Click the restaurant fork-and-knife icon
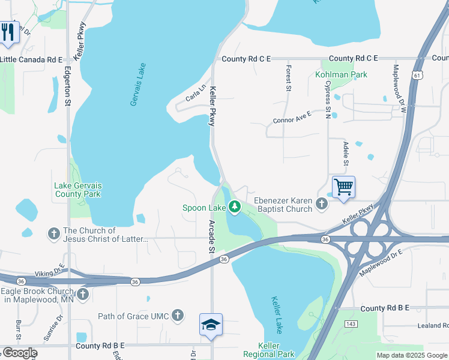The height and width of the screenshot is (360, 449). point(7,32)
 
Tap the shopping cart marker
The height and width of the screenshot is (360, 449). point(343,187)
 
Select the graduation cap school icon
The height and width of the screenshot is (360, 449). point(211,325)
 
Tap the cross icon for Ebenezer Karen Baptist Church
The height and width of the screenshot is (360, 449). point(322,205)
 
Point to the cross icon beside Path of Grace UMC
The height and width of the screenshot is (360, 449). point(178,315)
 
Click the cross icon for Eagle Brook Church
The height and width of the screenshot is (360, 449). point(83,295)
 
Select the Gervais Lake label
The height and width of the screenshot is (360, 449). point(138,85)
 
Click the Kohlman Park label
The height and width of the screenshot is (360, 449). point(341,75)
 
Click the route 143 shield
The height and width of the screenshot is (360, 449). point(350,323)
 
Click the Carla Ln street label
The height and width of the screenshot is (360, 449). point(196,94)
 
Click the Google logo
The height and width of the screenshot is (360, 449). point(19,353)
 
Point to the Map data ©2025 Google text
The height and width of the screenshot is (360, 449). point(411,355)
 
